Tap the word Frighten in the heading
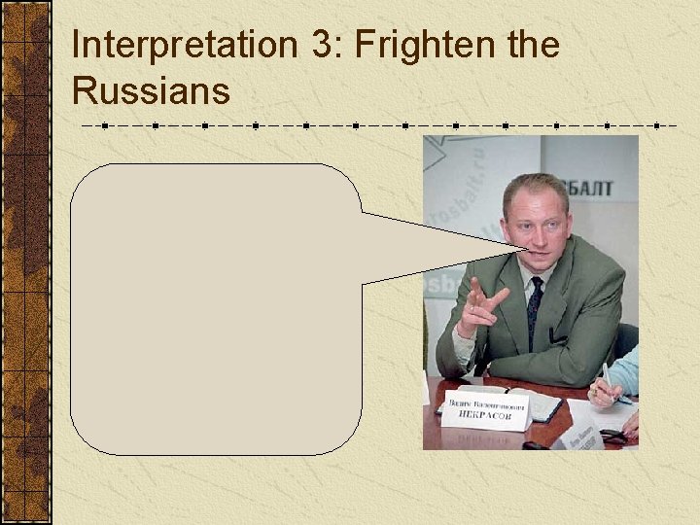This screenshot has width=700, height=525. pyautogui.click(x=437, y=45)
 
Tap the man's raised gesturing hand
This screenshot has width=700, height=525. pyautogui.click(x=481, y=307)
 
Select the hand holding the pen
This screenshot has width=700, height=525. pyautogui.click(x=603, y=394)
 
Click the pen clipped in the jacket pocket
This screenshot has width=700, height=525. pyautogui.click(x=557, y=335)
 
